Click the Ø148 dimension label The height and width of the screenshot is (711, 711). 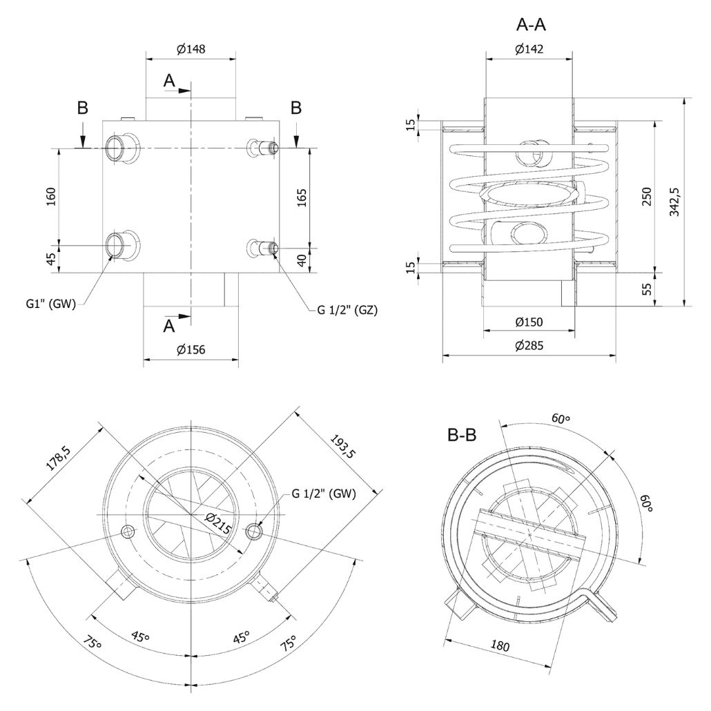(191, 48)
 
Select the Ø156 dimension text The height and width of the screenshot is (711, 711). (191, 349)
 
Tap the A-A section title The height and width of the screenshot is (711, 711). (531, 25)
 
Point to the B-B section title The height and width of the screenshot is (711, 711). (462, 436)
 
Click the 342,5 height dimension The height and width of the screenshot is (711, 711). (674, 202)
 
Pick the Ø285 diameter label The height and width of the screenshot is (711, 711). (529, 346)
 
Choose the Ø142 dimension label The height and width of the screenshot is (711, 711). (529, 48)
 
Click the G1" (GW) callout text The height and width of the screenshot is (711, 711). (51, 304)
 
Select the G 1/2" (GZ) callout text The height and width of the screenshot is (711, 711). (347, 310)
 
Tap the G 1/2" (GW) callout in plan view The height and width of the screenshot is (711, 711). (324, 494)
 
